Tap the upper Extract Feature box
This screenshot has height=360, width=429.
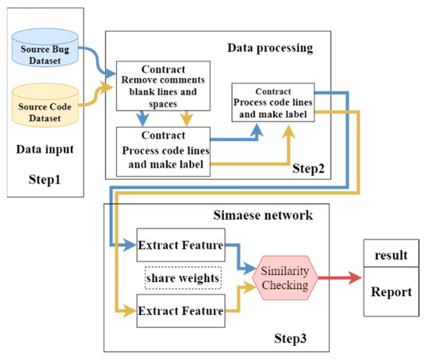coord(181,245)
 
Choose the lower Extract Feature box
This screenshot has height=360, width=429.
coord(181,313)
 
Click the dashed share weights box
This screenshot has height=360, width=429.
coord(181,279)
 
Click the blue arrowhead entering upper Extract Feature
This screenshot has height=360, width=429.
coord(131,245)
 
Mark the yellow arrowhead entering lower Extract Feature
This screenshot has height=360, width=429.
coord(131,313)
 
